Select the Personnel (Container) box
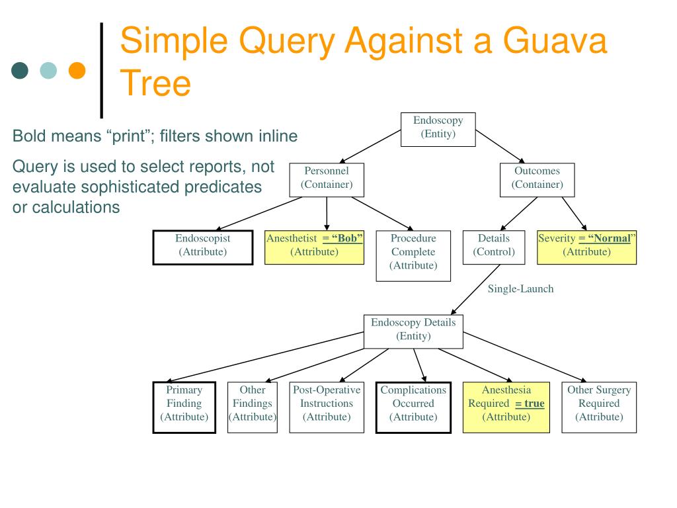pyautogui.click(x=327, y=179)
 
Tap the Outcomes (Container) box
pyautogui.click(x=538, y=179)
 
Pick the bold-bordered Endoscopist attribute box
pyautogui.click(x=203, y=247)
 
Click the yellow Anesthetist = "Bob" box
pyautogui.click(x=314, y=247)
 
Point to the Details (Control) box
pyautogui.click(x=494, y=247)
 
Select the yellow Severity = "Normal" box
pyautogui.click(x=586, y=247)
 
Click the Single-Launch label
pyautogui.click(x=521, y=288)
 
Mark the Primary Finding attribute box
pyautogui.click(x=184, y=407)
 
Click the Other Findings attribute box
pyautogui.click(x=252, y=407)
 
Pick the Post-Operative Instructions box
pyautogui.click(x=327, y=407)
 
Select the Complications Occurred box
pyautogui.click(x=413, y=407)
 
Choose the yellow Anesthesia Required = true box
pyautogui.click(x=506, y=407)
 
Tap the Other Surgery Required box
pyautogui.click(x=599, y=407)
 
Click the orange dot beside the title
pyautogui.click(x=77, y=69)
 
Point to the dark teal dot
pyautogui.click(x=21, y=69)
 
